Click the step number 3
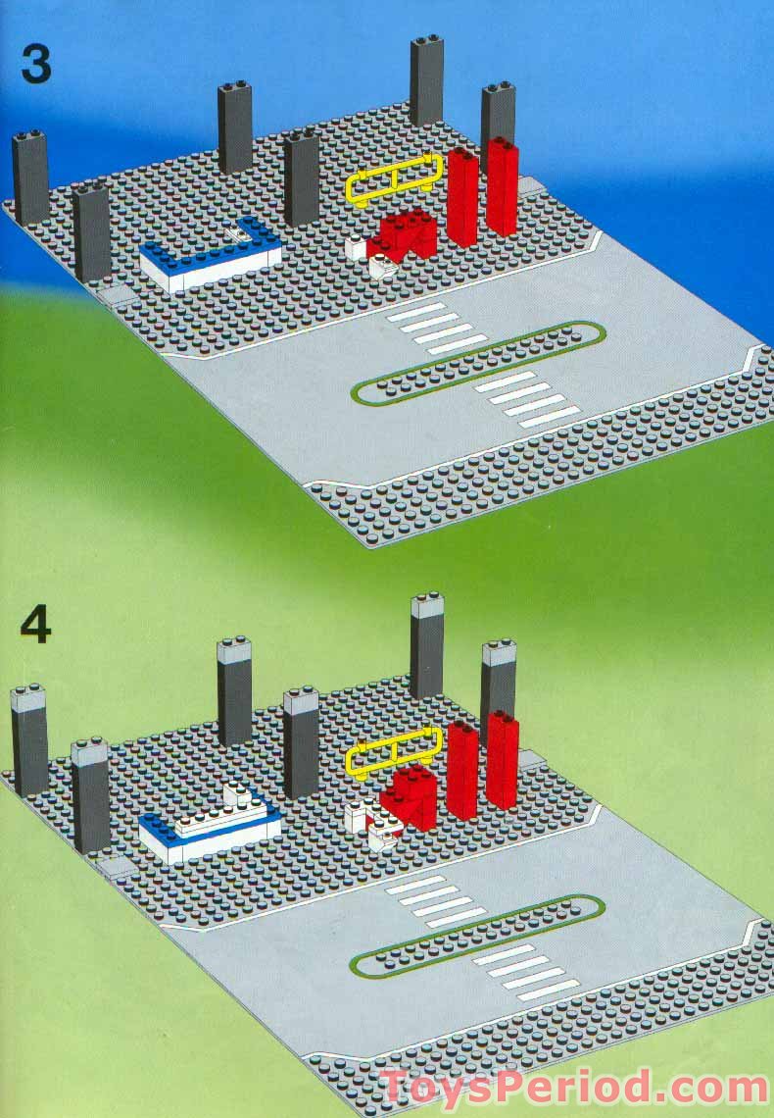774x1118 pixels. (x=36, y=65)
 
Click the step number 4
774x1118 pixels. (x=36, y=627)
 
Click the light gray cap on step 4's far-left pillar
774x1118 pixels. (x=27, y=699)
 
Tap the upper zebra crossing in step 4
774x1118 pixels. (x=437, y=899)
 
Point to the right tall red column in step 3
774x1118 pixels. (x=502, y=186)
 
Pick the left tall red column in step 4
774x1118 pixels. (x=461, y=770)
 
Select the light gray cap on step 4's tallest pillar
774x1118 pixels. (x=427, y=606)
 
